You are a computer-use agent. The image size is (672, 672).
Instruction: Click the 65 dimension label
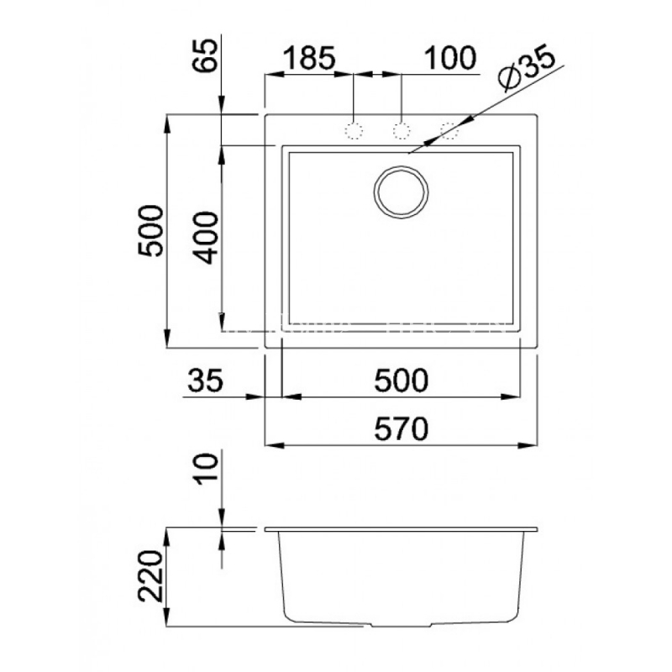(x=205, y=55)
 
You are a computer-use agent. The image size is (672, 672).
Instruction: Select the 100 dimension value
(x=449, y=57)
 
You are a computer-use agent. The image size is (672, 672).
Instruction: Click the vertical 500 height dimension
(x=151, y=230)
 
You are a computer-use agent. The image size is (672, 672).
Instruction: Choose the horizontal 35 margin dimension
(x=205, y=380)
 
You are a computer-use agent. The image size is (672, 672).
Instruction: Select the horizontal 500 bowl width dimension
(x=402, y=380)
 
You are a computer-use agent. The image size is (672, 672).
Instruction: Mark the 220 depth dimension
(x=151, y=576)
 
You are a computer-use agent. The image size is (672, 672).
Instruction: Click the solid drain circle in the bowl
(x=402, y=192)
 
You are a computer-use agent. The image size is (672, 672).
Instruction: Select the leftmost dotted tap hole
(x=354, y=131)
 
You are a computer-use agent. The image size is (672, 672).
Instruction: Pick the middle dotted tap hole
(x=402, y=131)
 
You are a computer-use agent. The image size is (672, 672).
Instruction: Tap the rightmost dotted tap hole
(x=449, y=131)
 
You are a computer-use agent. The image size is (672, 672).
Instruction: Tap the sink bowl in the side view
(x=402, y=578)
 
